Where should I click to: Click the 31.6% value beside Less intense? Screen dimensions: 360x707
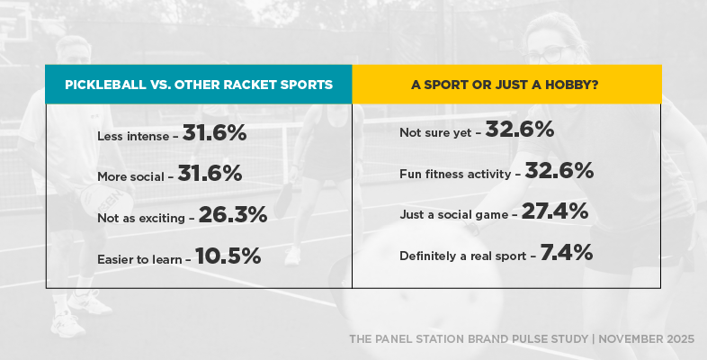(x=214, y=133)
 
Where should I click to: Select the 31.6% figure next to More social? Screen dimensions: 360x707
(x=210, y=174)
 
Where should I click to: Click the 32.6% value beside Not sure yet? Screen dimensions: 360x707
(x=520, y=130)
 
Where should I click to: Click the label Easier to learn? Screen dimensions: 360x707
(x=139, y=259)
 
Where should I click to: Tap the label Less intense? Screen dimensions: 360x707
(x=132, y=136)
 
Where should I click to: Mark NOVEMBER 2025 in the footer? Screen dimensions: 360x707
(x=644, y=339)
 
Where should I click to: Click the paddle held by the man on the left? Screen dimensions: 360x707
(x=105, y=201)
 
